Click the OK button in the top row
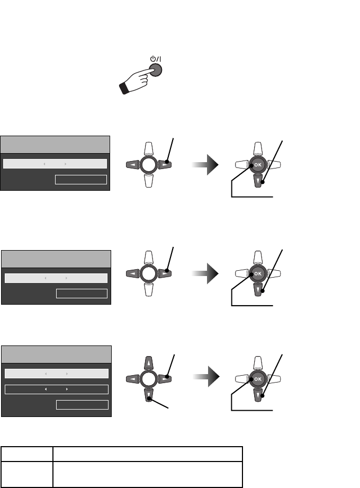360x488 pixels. (258, 164)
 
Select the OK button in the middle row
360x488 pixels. (258, 273)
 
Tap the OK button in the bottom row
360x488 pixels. (258, 379)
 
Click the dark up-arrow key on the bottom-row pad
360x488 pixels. (149, 363)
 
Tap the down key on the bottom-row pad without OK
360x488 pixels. (149, 395)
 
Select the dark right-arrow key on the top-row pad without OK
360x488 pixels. (165, 165)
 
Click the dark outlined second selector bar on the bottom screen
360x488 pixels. (56, 389)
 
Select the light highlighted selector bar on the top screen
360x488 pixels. (55, 163)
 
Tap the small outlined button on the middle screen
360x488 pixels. (82, 294)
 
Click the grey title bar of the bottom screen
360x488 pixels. (56, 354)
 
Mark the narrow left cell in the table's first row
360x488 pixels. (27, 454)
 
